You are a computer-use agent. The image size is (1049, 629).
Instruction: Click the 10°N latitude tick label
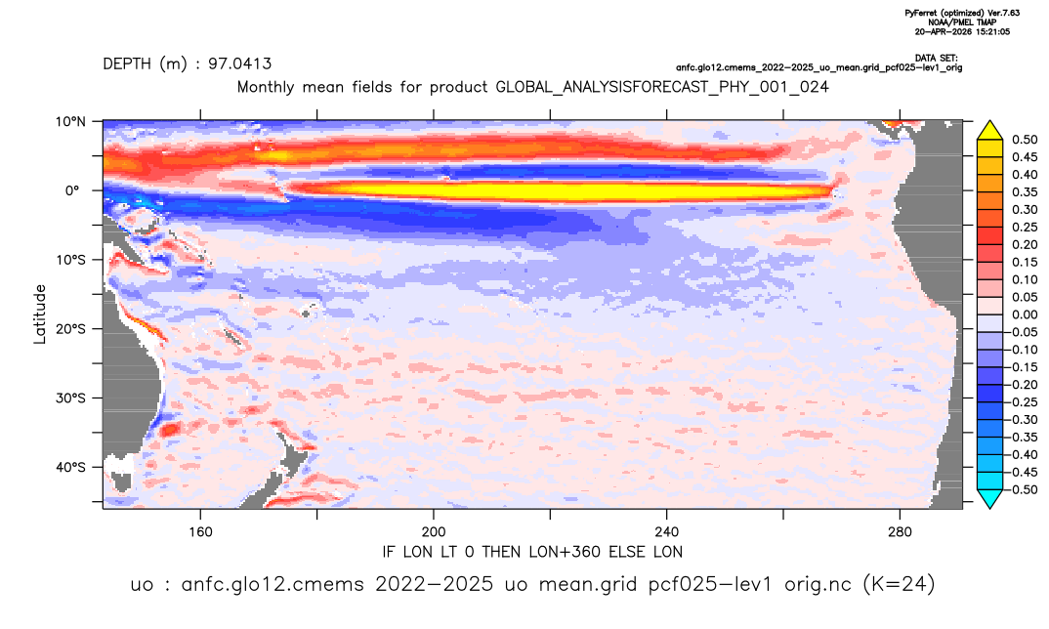[70, 122]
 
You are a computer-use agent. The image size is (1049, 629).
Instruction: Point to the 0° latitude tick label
[72, 190]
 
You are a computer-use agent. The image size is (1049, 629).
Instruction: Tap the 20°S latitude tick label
[70, 329]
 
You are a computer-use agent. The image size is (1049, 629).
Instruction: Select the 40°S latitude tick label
[70, 467]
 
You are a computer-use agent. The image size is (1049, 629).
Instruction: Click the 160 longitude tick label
[200, 532]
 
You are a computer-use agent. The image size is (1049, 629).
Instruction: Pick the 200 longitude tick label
[434, 532]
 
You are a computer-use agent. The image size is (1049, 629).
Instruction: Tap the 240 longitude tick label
[667, 532]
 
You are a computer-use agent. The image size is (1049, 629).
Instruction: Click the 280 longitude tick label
[900, 532]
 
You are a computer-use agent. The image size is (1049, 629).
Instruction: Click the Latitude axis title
[40, 314]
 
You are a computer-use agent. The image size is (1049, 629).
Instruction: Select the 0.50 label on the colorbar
[1025, 140]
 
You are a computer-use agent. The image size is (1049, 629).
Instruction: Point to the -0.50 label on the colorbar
[1022, 489]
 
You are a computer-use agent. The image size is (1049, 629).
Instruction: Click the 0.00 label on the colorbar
[1025, 314]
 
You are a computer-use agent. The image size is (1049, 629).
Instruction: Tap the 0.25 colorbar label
[1025, 227]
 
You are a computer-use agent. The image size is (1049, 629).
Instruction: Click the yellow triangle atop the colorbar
[989, 131]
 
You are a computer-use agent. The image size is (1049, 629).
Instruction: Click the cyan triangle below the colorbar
[989, 498]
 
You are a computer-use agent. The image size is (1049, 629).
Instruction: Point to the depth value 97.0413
[239, 64]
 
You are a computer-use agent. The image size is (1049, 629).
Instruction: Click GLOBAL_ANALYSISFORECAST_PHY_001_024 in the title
[662, 88]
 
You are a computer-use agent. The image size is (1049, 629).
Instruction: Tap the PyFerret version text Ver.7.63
[1003, 14]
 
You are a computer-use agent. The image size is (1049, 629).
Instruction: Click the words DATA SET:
[936, 59]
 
